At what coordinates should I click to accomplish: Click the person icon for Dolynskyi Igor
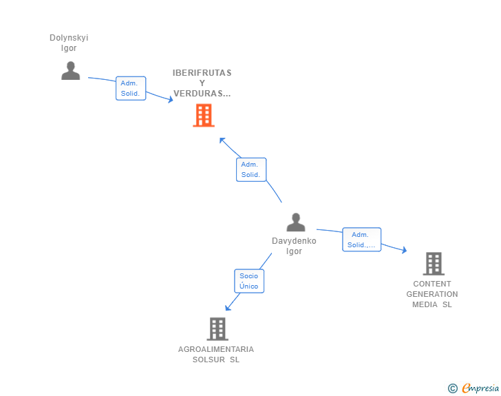[70, 70]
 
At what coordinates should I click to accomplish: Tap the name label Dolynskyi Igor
[69, 43]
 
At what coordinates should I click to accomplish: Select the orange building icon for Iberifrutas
[203, 116]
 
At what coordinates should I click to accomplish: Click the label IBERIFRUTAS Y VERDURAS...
[202, 83]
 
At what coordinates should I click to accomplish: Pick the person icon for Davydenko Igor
[296, 222]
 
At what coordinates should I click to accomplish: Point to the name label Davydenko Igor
[294, 246]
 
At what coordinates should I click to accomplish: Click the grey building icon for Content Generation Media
[433, 263]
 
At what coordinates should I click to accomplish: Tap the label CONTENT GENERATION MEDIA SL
[432, 294]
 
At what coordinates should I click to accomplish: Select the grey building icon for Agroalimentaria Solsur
[217, 329]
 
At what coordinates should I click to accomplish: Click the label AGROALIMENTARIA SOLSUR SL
[216, 354]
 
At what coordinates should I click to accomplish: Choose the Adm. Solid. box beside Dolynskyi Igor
[131, 88]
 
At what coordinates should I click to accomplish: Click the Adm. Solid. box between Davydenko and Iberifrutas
[250, 169]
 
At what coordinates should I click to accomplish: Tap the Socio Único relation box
[248, 280]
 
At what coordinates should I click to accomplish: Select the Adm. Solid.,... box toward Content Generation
[361, 240]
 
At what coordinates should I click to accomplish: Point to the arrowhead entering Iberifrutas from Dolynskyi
[170, 100]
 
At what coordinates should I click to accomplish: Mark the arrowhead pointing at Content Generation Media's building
[404, 250]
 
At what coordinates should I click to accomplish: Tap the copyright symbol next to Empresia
[452, 388]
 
